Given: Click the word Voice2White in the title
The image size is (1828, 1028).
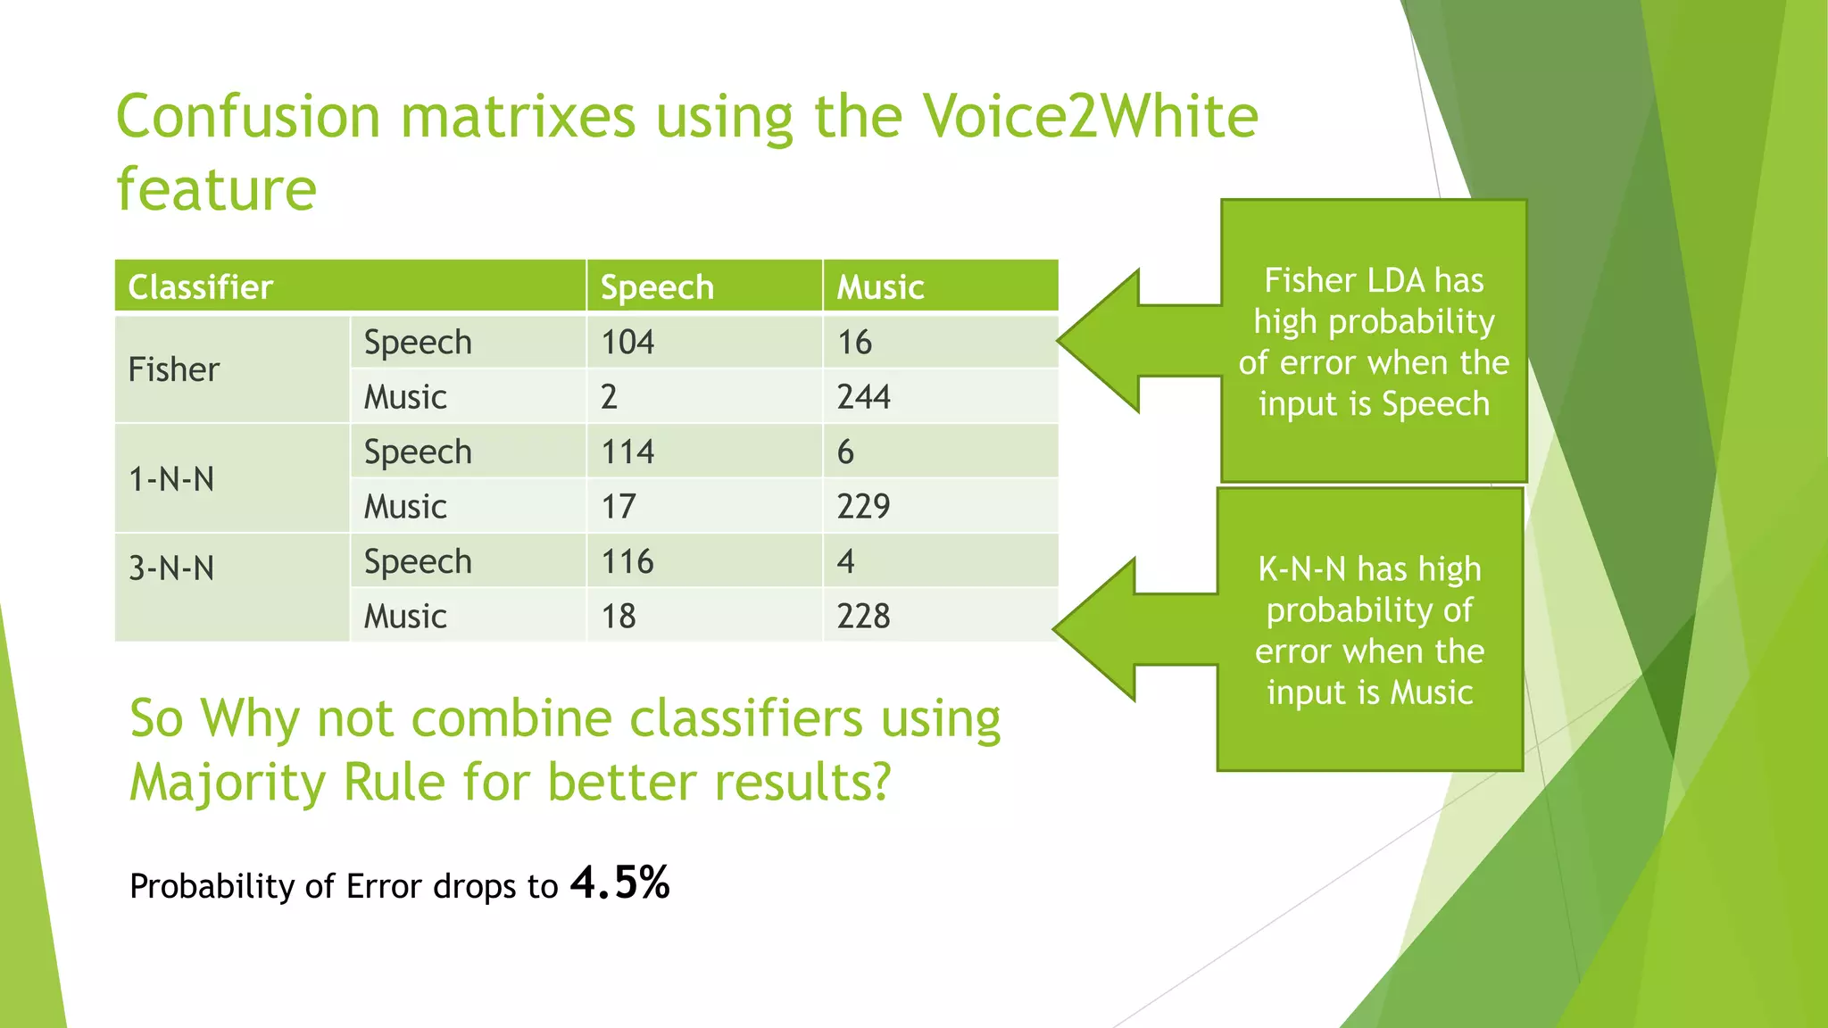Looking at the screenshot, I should (1089, 117).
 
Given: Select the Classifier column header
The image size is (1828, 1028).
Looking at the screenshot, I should (201, 287).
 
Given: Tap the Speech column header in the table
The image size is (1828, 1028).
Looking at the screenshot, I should (657, 287).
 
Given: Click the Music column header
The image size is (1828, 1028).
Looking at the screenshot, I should (880, 287).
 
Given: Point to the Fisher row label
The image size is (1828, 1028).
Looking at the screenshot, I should (174, 369).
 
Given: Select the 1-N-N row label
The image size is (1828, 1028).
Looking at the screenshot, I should (171, 479).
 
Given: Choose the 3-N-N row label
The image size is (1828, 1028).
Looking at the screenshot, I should (171, 568).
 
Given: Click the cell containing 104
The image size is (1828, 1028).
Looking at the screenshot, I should (627, 342).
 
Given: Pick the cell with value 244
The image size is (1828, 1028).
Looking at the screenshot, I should (863, 396).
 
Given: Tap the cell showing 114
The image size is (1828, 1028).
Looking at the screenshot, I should (627, 452).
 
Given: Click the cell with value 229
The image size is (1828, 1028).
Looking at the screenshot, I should (863, 506).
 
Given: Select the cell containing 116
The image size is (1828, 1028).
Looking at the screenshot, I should (627, 561).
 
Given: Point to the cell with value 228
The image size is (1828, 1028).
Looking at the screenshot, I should (863, 616).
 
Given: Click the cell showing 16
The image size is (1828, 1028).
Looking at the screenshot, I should (854, 342).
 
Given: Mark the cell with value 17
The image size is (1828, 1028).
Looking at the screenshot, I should (619, 506).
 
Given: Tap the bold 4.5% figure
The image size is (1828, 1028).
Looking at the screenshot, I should (620, 883).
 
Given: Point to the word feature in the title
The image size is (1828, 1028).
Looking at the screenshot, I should (217, 189).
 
